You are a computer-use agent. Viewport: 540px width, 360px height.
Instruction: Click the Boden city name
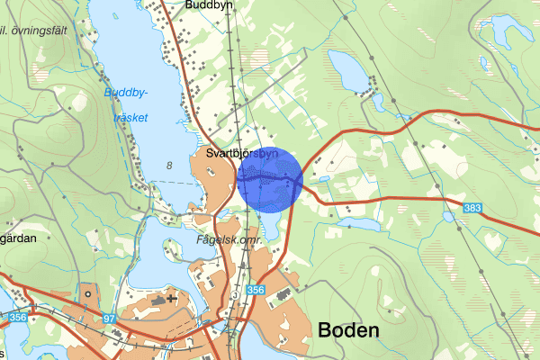coord(348,330)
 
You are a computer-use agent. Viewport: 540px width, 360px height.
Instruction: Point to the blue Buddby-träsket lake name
coord(127,105)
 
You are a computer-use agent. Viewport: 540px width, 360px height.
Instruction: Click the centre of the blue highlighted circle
coord(269,179)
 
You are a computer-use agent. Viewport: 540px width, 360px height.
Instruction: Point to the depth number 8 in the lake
coord(169,165)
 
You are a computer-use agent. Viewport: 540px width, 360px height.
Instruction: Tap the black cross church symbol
coord(172,298)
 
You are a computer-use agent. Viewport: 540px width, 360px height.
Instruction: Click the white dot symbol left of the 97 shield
coord(87,293)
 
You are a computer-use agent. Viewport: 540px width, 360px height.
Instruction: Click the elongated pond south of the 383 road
coord(358,220)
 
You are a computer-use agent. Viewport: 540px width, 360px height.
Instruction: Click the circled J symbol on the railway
coord(232,292)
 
